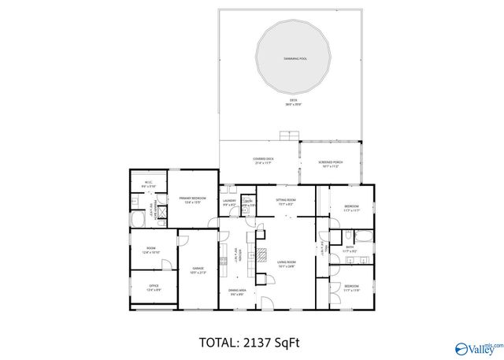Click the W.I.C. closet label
149,185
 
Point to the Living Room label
287,264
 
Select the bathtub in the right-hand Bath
363,235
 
